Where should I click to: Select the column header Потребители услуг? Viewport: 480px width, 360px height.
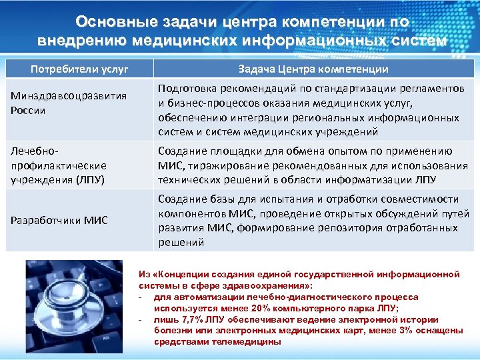(79, 69)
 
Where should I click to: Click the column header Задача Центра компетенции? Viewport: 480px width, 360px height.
(313, 69)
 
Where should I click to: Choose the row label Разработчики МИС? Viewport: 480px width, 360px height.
(59, 221)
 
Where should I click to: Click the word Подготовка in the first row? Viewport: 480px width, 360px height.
(185, 89)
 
